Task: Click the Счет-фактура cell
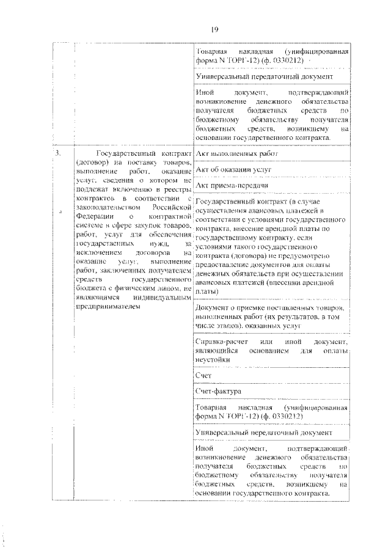click(218, 390)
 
